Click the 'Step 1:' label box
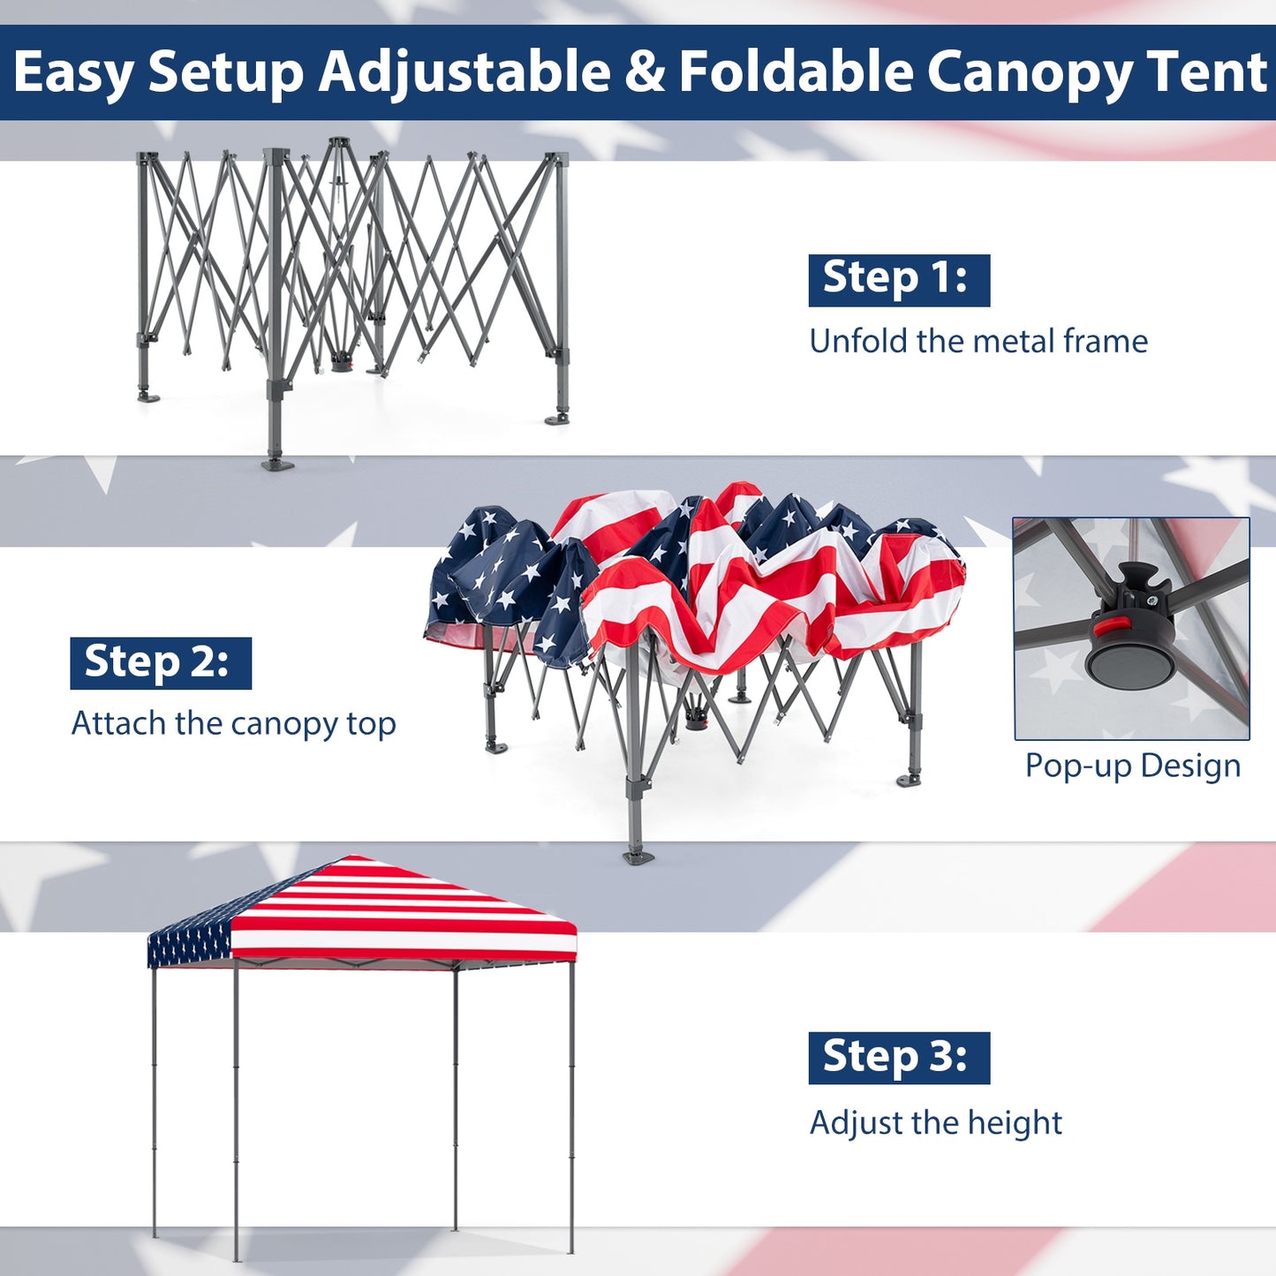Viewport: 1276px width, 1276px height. (898, 280)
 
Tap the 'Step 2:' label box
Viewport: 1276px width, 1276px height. (160, 663)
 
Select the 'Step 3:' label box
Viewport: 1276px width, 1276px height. (898, 1058)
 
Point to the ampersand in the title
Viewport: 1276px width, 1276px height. (645, 72)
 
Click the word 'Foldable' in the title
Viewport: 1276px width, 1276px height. (795, 72)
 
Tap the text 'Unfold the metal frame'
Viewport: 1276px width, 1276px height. (978, 342)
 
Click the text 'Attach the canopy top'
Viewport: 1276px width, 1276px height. (233, 724)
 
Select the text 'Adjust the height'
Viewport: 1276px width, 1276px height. (935, 1123)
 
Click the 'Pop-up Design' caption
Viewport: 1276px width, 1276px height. (1132, 766)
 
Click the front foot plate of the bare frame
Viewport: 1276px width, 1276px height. (277, 463)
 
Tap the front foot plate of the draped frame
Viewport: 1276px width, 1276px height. (638, 856)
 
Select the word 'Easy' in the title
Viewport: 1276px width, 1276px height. (72, 72)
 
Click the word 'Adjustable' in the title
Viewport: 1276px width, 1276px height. (464, 72)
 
